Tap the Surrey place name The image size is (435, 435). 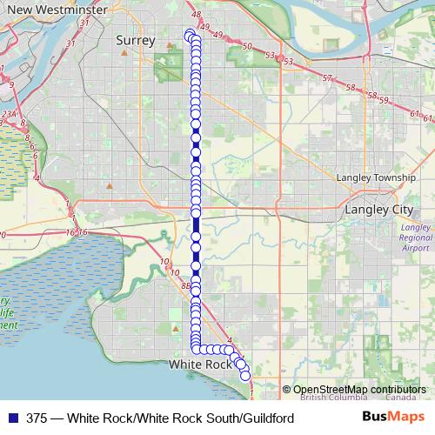(135, 40)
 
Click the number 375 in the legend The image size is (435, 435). (37, 418)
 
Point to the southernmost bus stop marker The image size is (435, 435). (245, 375)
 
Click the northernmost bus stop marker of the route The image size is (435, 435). (190, 34)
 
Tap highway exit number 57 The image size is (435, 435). (327, 79)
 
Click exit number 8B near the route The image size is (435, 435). (185, 284)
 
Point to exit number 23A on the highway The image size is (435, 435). (9, 113)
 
